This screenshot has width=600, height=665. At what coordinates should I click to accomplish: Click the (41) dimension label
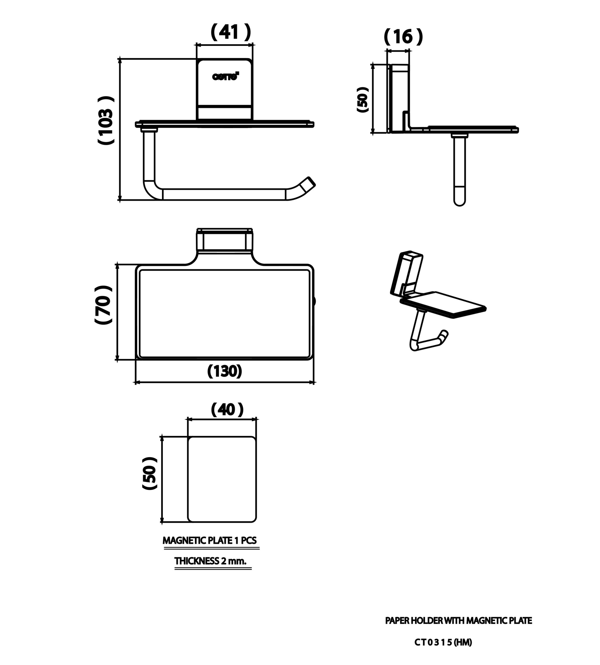click(x=231, y=32)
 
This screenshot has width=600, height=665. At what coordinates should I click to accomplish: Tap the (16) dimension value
click(x=403, y=37)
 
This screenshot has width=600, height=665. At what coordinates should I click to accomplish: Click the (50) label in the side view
click(x=363, y=99)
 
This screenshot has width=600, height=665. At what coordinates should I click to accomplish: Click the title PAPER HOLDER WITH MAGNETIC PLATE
click(x=459, y=621)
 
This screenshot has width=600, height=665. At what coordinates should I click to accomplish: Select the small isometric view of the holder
click(x=438, y=301)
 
